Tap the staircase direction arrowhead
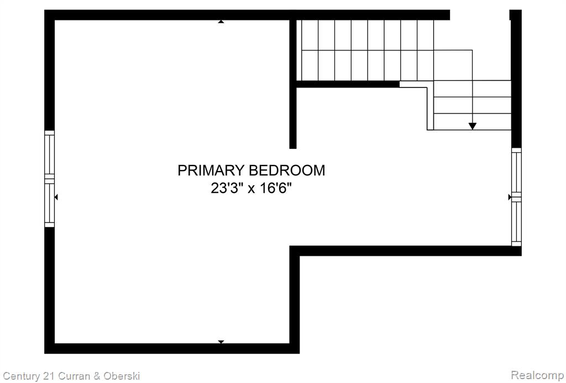tap(472, 126)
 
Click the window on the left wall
tap(49, 179)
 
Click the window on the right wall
tap(517, 197)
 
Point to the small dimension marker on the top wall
tap(221, 22)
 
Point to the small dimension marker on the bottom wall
tap(221, 342)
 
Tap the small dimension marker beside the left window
tap(56, 197)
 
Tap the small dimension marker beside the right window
tap(510, 197)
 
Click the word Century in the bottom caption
tap(22, 376)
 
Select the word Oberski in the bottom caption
tap(122, 376)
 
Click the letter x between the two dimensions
tap(251, 189)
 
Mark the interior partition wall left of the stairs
tap(293, 84)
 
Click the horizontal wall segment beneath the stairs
tap(348, 84)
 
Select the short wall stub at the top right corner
tap(516, 15)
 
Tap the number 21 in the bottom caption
tap(50, 376)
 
